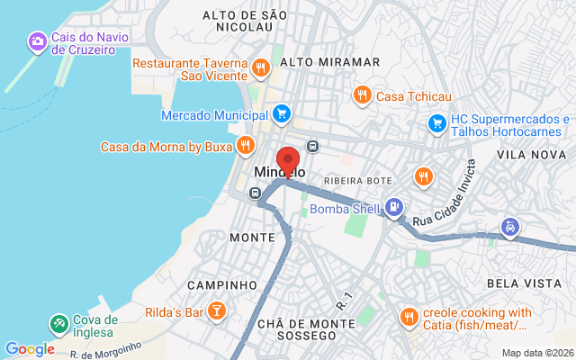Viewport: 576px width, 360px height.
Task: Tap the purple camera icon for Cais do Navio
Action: coord(37,41)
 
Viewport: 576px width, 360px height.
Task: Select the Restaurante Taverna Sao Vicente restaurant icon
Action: coord(260,67)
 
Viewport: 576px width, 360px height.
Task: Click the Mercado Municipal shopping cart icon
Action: coord(282,114)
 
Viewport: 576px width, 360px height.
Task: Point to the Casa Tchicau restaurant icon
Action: coord(361,94)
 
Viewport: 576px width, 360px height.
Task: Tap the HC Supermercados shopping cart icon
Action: coord(436,122)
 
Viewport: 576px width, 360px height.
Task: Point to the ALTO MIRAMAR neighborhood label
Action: coord(329,62)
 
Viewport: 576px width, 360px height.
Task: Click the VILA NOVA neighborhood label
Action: coord(529,155)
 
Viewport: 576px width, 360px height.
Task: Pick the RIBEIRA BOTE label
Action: coord(358,180)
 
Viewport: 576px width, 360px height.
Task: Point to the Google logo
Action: coord(30,349)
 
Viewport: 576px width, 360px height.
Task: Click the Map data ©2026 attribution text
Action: coord(536,353)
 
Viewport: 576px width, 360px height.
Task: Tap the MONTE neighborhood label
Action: coord(252,238)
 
